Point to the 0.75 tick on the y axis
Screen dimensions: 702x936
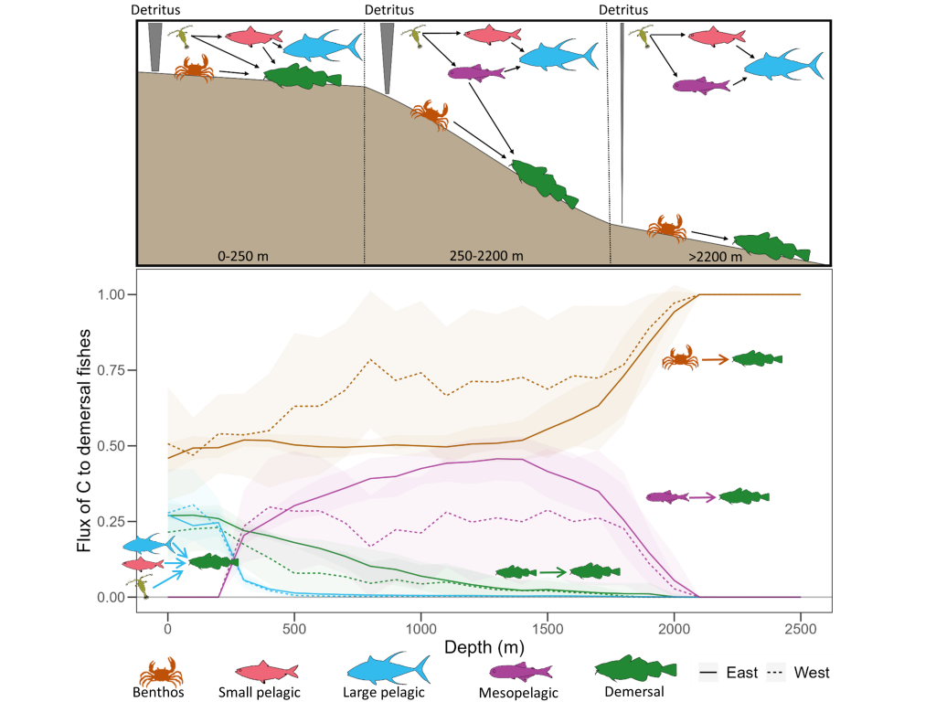click(111, 370)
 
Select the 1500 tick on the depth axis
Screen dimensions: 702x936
click(548, 630)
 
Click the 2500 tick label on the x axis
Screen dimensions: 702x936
click(801, 630)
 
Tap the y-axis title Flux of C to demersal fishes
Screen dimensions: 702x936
click(85, 443)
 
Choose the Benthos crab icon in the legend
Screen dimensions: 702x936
click(160, 672)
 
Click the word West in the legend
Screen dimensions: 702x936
click(812, 673)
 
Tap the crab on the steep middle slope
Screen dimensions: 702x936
click(430, 114)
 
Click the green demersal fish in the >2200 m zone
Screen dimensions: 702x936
click(771, 246)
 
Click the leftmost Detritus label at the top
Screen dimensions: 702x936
click(155, 9)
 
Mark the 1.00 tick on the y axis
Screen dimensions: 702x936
click(111, 294)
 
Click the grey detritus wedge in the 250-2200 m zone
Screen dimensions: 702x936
click(388, 55)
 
